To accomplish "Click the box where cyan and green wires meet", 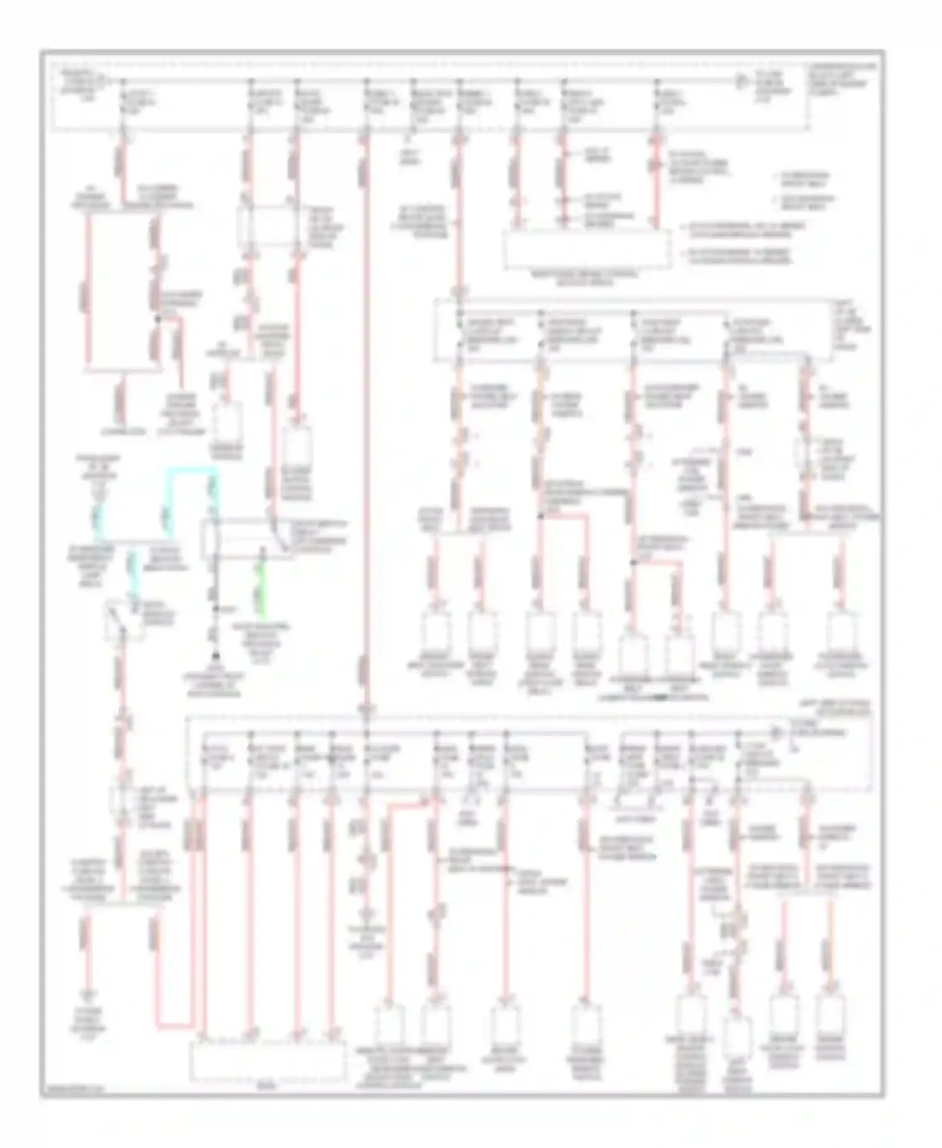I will (242, 539).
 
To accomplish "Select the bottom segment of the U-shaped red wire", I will (173, 1027).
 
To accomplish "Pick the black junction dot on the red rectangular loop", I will (158, 319).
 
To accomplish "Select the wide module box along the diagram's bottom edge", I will (268, 1062).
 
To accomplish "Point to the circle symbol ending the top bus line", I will (741, 81).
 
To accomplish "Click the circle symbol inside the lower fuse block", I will (777, 733).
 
